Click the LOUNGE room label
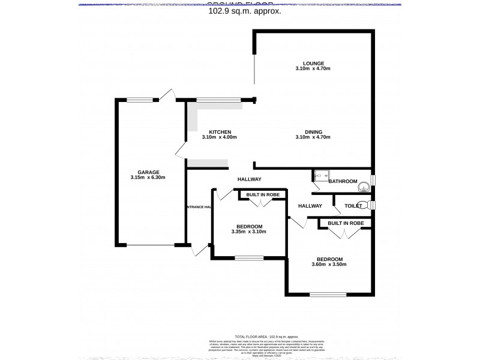coord(313,63)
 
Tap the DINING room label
coord(313,132)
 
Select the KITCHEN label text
coord(220,132)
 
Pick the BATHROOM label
coord(343,181)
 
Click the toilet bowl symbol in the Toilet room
coord(362,205)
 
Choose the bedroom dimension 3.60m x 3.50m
coord(329,264)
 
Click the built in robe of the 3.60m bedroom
coord(346,223)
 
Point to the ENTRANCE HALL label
coord(199,207)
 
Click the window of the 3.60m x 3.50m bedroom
coord(328,294)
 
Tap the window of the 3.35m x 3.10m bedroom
coord(248,259)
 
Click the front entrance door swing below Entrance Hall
coord(199,250)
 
